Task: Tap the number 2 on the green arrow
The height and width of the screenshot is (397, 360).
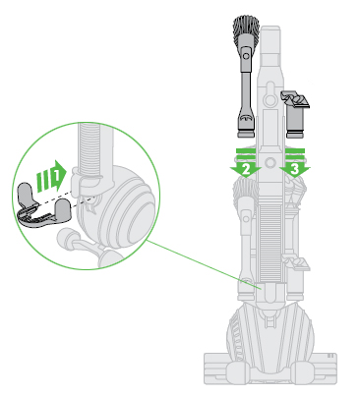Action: pyautogui.click(x=242, y=168)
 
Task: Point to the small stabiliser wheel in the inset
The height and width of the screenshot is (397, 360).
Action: pyautogui.click(x=75, y=239)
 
